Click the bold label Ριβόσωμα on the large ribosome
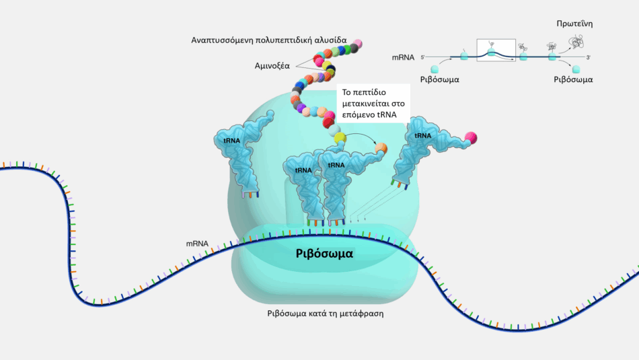click(324, 254)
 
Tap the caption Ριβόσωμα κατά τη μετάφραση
click(325, 314)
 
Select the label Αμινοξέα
click(272, 66)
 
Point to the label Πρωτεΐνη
click(574, 24)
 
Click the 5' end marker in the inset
click(422, 57)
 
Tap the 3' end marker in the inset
click(589, 57)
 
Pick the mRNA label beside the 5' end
click(403, 57)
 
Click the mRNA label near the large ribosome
click(197, 244)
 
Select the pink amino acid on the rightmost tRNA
click(471, 138)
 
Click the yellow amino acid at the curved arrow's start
click(340, 138)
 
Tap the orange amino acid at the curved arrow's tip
click(381, 147)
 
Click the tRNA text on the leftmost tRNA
click(232, 141)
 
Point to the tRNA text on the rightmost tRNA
click(422, 135)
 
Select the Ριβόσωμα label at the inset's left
click(439, 79)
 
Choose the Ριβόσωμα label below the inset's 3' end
click(573, 79)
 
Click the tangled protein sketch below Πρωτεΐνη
click(576, 42)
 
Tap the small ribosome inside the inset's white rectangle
click(492, 52)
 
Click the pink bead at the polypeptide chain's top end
click(357, 43)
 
